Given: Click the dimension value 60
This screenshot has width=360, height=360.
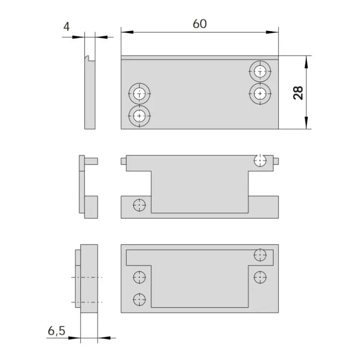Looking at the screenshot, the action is coord(200,24).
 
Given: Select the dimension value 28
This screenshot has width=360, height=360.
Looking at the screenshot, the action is coord(298,93).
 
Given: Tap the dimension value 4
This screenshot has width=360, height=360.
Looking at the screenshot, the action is coord(66,26).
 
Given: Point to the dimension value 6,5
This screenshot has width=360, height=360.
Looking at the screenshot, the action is coord(57,331).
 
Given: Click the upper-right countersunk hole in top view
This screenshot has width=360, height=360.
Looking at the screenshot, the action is coord(260,72).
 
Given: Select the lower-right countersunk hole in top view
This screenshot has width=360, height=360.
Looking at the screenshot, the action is coord(260,94).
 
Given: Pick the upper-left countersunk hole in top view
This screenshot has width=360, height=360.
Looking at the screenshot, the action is coord(139,94).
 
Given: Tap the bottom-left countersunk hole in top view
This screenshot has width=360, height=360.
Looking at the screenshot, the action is coord(139,116).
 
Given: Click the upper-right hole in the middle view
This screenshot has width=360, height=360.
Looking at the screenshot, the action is coord(260,160).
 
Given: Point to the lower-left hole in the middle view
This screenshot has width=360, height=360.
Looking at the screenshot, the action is coord(139,205).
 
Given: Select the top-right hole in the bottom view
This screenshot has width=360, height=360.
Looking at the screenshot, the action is coord(260,255).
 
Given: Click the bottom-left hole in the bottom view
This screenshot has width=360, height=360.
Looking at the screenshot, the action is coord(139,300).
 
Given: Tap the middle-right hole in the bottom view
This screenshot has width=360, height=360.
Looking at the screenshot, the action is coord(260,277).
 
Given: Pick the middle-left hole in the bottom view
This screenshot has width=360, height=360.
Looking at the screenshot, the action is coord(139,277).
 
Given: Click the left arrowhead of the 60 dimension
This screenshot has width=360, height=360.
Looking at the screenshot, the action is coord(127,32).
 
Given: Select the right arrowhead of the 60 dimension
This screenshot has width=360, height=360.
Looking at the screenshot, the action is coord(272,32).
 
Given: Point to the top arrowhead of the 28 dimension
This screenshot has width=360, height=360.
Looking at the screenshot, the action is coord(306,62).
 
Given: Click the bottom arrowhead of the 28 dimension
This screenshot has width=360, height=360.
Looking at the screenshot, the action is coord(306,123).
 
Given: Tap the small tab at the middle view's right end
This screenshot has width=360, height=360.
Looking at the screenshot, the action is coord(276,161).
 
